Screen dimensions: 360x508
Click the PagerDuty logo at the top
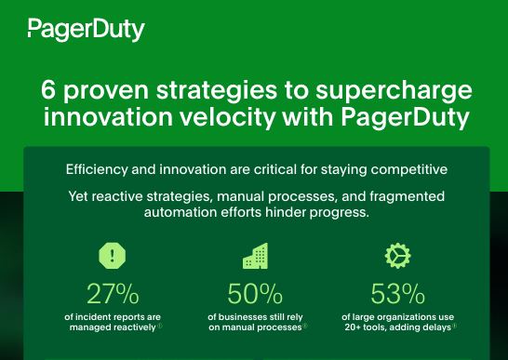[86, 30]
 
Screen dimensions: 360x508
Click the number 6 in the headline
[50, 93]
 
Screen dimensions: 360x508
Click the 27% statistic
[112, 294]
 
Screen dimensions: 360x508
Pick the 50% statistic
[255, 294]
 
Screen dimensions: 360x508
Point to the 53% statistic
[397, 294]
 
